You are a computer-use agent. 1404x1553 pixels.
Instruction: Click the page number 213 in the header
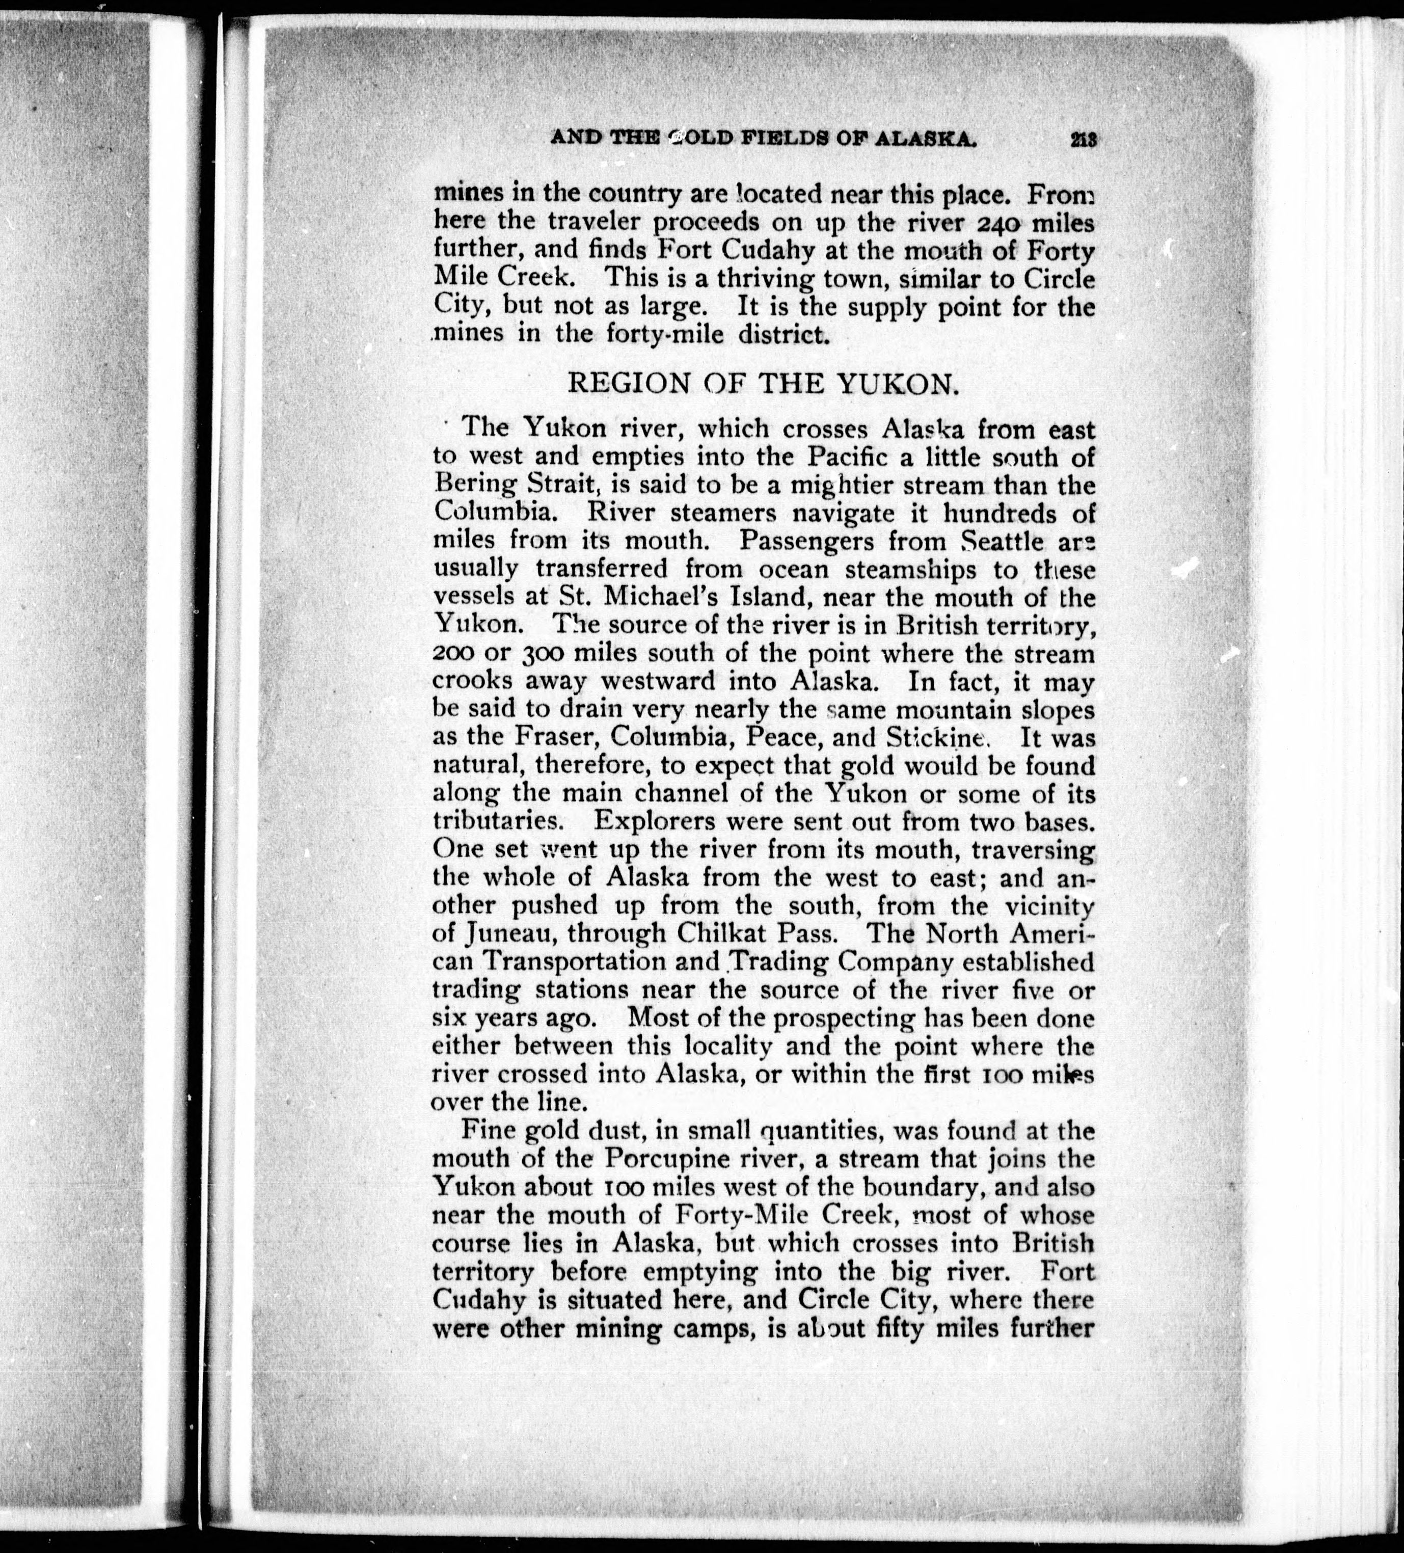pos(1082,140)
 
